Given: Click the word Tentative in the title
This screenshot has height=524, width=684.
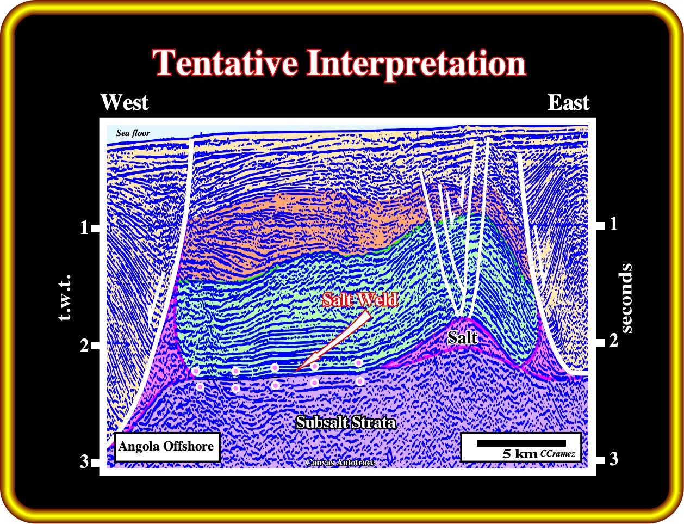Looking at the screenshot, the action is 225,63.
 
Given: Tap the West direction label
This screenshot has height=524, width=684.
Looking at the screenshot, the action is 125,102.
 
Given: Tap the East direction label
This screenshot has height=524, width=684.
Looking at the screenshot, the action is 569,102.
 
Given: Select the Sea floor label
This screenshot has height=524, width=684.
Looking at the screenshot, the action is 133,133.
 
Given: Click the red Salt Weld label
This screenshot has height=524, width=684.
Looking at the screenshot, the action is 360,299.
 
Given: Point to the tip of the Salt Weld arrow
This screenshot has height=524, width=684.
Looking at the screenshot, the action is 295,372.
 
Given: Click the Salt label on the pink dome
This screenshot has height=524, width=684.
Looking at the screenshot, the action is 462,338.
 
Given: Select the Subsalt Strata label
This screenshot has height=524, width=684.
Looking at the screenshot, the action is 346,423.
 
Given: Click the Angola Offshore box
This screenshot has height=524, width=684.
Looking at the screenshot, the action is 167,447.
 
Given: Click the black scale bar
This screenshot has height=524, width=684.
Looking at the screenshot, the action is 521,443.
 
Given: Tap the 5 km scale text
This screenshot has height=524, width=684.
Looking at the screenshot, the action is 520,454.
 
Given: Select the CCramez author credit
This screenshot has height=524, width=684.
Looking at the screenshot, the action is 558,454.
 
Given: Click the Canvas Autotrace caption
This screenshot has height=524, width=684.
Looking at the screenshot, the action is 340,463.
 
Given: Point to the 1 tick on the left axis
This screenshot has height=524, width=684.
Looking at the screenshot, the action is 90,228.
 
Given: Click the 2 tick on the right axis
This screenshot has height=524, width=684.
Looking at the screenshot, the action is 606,341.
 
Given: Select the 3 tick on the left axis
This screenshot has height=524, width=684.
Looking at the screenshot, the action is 90,462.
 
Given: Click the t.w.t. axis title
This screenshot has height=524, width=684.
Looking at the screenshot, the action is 65,298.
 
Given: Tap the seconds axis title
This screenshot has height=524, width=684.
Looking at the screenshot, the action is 626,298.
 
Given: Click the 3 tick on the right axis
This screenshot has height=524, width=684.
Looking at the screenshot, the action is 606,459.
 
